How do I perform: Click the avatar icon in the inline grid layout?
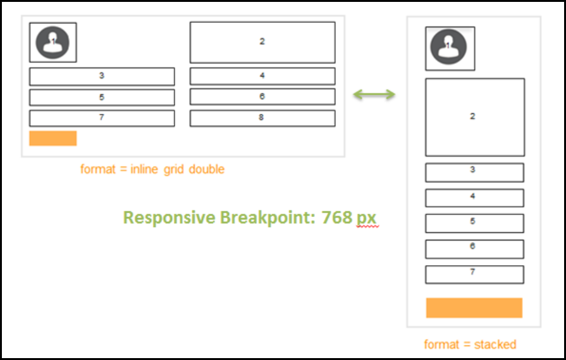tap(53, 42)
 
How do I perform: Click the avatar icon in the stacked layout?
tap(449, 48)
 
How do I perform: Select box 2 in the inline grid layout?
tap(262, 42)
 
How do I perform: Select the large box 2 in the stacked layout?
tap(474, 117)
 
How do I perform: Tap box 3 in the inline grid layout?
tap(102, 77)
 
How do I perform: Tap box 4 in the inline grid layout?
tap(262, 76)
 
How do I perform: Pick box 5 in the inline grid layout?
tap(102, 97)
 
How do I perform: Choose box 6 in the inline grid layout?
tap(262, 97)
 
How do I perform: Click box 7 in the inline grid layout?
tap(102, 118)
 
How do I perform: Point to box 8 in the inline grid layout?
tap(262, 118)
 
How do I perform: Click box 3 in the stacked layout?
tap(474, 172)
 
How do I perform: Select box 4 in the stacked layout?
tap(474, 197)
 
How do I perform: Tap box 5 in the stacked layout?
tap(474, 223)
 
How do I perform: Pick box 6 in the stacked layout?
tap(474, 249)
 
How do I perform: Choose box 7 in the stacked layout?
tap(474, 274)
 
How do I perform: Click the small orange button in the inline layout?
tap(53, 139)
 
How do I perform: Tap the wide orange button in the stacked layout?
tap(474, 307)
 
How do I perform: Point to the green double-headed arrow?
tap(374, 95)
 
